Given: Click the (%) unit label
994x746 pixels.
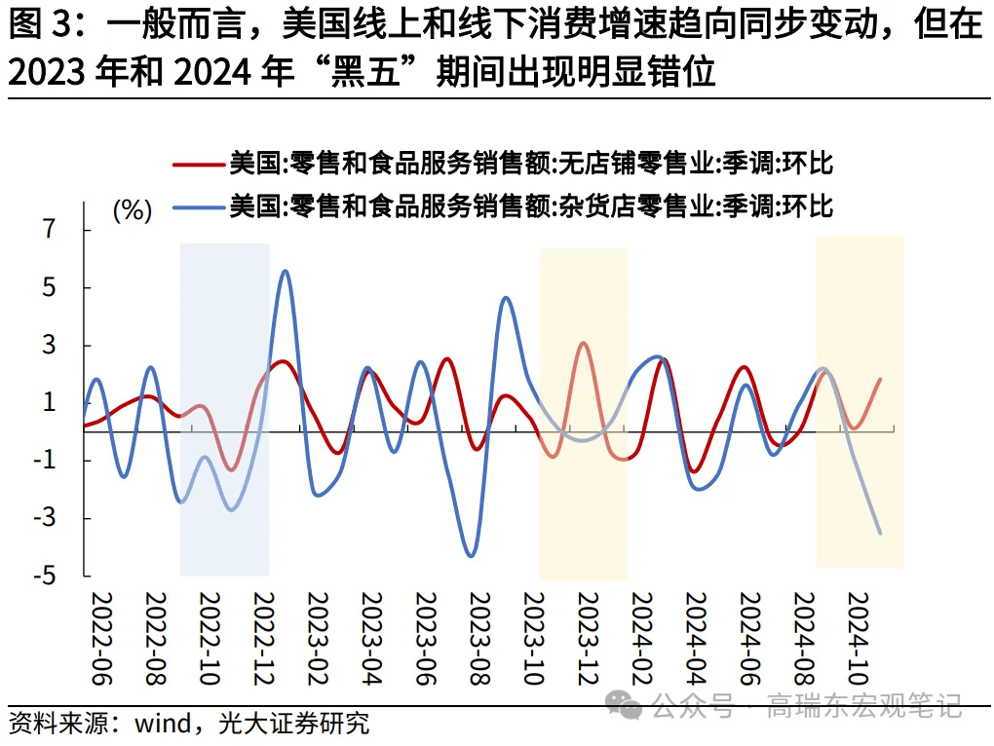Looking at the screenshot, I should pos(133,209).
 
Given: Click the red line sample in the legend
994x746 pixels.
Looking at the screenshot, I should pos(198,164).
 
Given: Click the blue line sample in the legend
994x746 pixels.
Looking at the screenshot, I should pos(198,205).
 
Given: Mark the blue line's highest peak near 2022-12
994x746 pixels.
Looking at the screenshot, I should pos(284,271).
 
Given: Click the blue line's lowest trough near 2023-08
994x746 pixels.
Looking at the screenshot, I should pos(472,556).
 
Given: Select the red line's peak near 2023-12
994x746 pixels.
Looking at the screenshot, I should pos(583,343).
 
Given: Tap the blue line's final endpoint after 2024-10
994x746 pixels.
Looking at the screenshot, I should pos(880,533).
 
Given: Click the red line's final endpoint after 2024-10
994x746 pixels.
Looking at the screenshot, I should pos(880,380).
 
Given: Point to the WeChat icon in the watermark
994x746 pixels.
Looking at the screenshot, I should pos(623,705).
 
